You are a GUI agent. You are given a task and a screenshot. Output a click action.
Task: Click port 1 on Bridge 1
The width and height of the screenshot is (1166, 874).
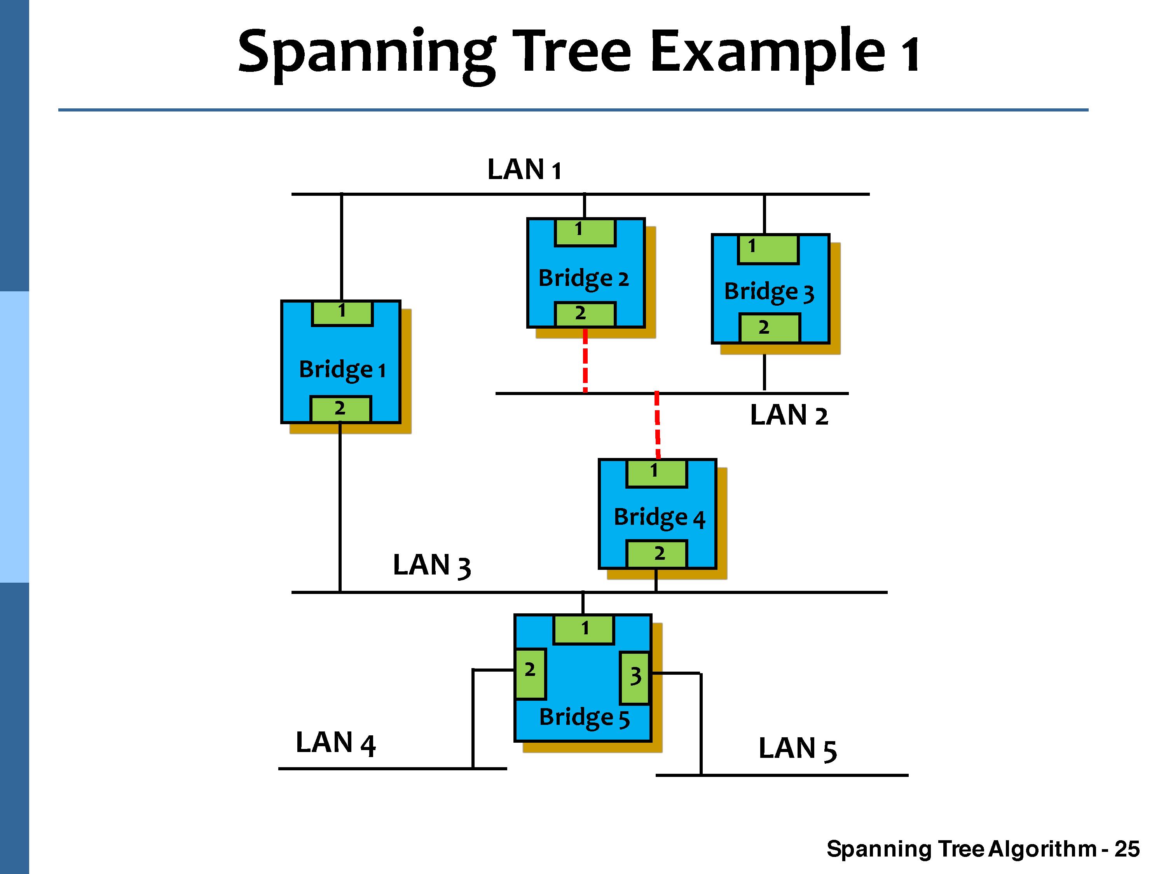point(342,313)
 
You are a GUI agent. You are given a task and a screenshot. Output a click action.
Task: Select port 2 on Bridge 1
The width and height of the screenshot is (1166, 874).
point(340,409)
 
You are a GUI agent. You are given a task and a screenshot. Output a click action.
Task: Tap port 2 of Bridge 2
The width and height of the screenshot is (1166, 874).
point(585,314)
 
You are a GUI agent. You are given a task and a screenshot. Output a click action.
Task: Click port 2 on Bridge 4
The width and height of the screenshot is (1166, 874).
point(656,554)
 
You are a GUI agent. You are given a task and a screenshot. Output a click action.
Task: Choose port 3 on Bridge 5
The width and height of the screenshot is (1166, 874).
point(635,677)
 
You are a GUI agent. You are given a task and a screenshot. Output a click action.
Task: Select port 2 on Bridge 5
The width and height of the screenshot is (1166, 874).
point(530,673)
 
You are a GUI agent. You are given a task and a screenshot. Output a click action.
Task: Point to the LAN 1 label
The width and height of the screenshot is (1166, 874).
point(524,170)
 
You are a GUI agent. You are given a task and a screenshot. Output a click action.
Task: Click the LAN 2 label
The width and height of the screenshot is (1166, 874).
point(789,415)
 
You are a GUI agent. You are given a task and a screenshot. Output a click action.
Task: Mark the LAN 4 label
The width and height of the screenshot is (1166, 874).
point(335,743)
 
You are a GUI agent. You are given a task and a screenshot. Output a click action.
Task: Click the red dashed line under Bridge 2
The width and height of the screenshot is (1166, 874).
point(585,361)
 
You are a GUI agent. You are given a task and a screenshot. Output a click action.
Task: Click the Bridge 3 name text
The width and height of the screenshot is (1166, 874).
point(769,292)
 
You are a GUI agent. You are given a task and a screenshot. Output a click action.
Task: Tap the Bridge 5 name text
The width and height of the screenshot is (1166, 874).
point(584,717)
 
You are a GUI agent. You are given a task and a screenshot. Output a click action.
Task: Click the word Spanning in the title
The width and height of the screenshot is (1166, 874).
point(366,53)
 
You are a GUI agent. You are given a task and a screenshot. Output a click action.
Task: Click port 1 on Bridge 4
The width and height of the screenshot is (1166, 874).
point(656,473)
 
